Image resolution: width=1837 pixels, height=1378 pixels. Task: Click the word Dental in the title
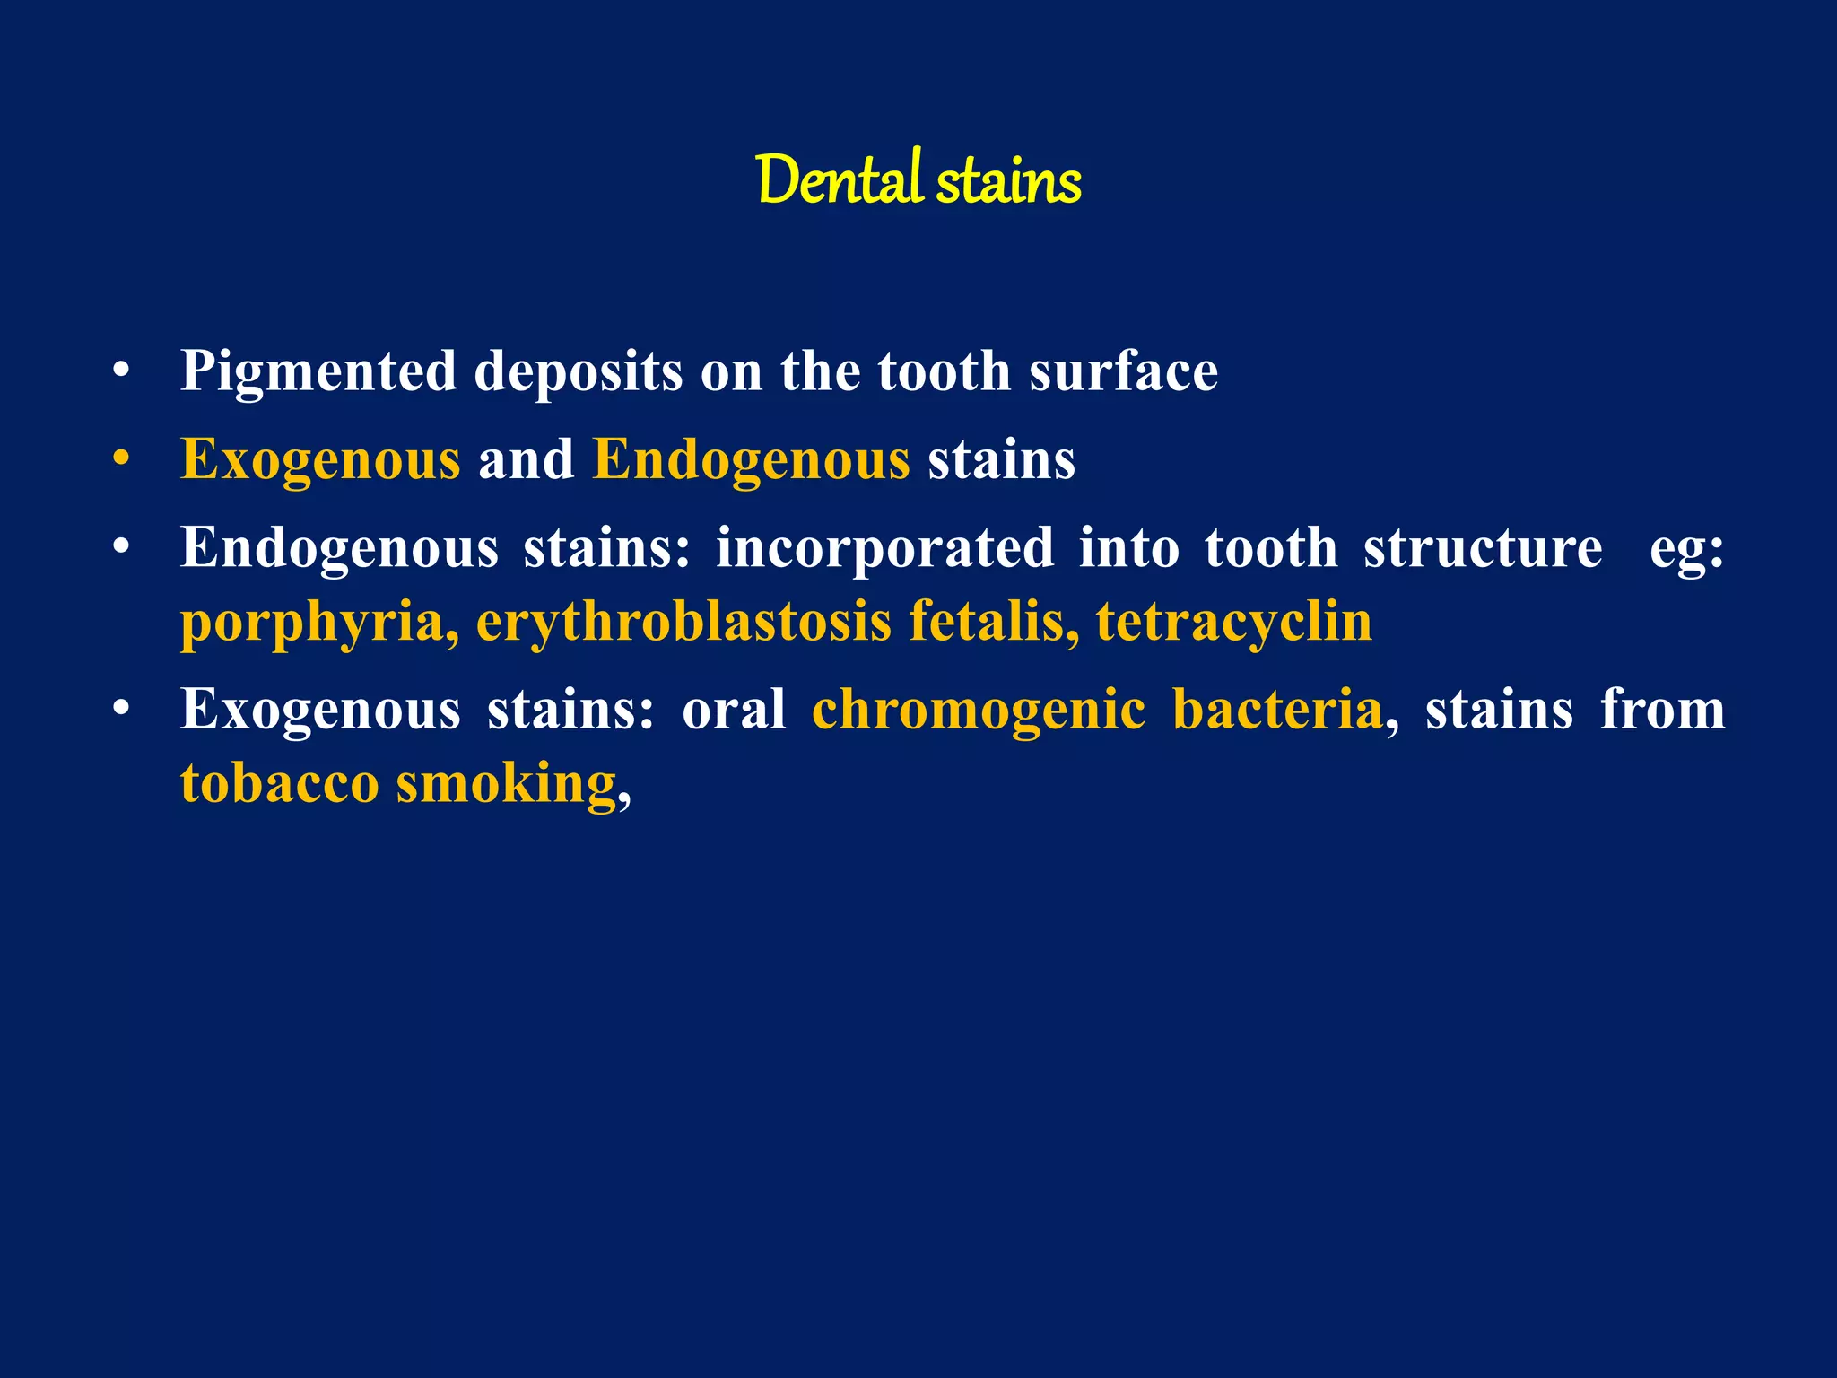pos(838,180)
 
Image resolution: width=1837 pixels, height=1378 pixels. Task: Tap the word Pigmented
pos(318,372)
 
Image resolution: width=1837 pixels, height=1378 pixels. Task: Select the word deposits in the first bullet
pos(578,372)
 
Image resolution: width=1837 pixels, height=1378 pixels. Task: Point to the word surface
pos(1123,371)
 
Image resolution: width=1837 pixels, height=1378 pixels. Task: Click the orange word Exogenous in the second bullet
pos(320,460)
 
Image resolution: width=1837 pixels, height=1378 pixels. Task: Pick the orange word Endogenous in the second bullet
pos(752,460)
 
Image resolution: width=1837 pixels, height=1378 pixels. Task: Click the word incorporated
pos(885,547)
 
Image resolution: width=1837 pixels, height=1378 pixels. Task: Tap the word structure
pos(1483,547)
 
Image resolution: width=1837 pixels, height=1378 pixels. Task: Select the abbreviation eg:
pos(1686,549)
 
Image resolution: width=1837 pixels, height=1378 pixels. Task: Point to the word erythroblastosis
pos(683,621)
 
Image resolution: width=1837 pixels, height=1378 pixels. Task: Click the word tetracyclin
pos(1234,623)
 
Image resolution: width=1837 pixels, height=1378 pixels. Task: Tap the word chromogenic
pos(979,710)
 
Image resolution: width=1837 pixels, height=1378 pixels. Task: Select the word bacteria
pos(1278,709)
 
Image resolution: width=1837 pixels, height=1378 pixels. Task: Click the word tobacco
pos(280,783)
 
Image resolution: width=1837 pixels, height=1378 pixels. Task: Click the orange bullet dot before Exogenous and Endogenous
pos(122,459)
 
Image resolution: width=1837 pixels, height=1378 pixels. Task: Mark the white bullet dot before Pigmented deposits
pos(122,371)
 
